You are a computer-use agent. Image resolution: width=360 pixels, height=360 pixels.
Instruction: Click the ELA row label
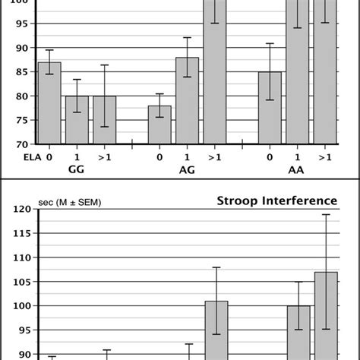[15, 157]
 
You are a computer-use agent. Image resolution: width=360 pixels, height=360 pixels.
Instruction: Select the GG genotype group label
[76, 172]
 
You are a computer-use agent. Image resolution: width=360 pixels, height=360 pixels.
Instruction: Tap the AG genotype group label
[187, 172]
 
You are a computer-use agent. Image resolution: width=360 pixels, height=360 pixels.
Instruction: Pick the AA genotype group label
[297, 172]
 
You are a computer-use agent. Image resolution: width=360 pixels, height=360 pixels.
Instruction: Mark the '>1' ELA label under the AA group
[325, 157]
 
